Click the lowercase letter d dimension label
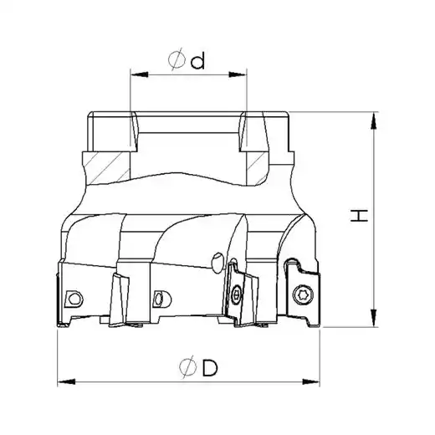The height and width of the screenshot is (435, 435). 197,61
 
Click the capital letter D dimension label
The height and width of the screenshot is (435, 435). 210,368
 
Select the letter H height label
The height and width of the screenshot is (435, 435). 359,216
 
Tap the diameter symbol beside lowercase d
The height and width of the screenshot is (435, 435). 177,59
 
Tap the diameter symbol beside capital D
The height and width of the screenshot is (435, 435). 188,367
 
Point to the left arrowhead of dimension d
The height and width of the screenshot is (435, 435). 140,74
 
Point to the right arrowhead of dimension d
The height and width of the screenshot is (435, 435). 238,74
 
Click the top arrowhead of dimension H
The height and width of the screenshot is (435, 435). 374,120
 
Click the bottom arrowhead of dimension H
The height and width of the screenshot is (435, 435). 374,318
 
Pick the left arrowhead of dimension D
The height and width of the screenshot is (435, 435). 66,381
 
